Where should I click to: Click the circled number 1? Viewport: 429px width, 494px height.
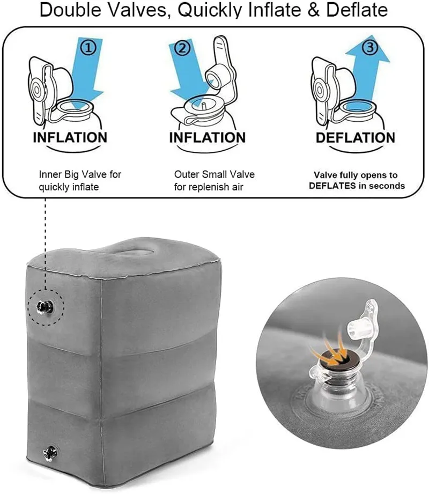[x=89, y=48]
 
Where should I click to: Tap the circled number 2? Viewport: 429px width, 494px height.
[x=182, y=48]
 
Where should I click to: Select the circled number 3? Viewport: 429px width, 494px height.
[x=371, y=48]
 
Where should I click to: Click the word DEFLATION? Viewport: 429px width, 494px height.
[x=355, y=138]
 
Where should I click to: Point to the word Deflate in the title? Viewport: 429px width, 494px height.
[x=357, y=10]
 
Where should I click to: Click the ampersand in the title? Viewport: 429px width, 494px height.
[x=313, y=10]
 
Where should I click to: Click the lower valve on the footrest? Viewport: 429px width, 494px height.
[x=50, y=454]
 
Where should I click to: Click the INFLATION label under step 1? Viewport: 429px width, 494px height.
[x=70, y=138]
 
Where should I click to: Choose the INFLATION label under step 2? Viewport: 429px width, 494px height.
[x=207, y=138]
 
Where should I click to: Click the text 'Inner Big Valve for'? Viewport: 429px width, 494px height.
[x=80, y=174]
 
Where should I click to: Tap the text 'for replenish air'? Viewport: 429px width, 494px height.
[x=209, y=187]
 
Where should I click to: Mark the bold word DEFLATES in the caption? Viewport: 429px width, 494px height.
[x=332, y=186]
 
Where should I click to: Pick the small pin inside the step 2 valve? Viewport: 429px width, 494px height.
[x=204, y=106]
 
